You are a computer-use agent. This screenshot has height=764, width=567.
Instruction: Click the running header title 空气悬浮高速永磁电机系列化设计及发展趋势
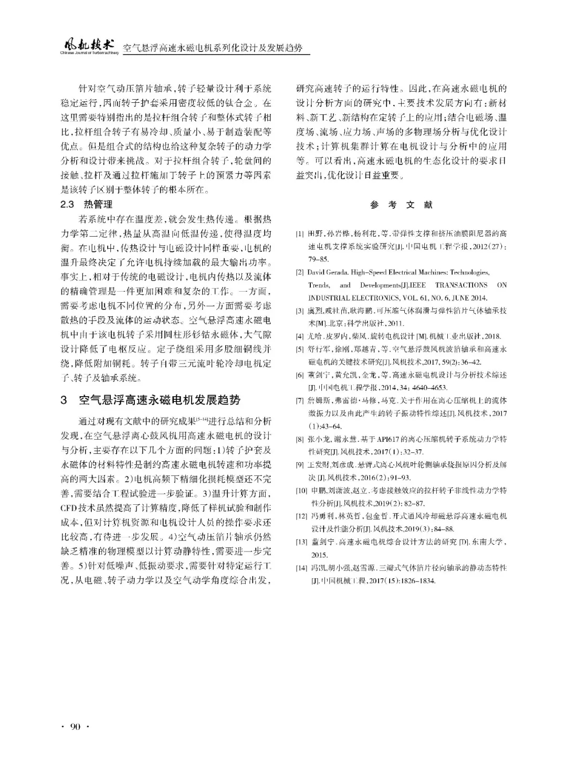[213, 49]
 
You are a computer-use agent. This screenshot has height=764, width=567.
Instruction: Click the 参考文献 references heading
[402, 205]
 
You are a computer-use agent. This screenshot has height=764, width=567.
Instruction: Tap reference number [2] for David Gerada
[299, 272]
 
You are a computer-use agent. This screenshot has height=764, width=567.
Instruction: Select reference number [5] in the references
[299, 349]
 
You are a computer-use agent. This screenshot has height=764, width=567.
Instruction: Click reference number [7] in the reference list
[299, 400]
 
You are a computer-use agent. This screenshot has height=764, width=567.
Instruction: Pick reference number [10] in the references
[301, 491]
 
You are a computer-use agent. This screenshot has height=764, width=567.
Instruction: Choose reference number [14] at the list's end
[301, 568]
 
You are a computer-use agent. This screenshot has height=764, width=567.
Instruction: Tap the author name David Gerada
[328, 272]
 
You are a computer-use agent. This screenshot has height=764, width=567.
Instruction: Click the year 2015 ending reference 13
[319, 555]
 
